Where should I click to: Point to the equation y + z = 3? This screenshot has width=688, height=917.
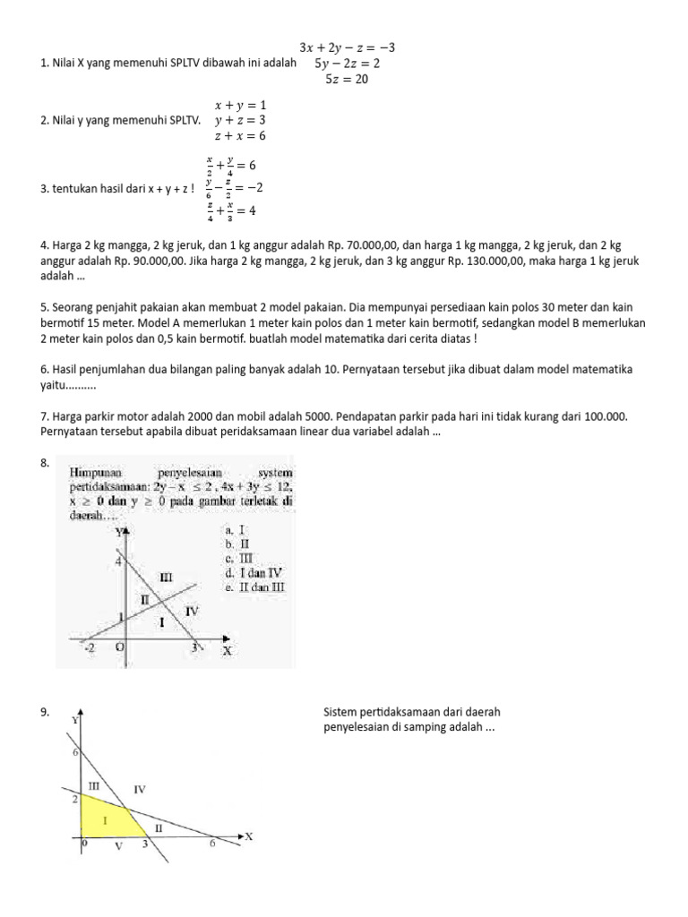(240, 120)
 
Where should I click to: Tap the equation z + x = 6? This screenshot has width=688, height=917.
(240, 136)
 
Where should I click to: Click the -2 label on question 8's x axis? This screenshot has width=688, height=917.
(89, 647)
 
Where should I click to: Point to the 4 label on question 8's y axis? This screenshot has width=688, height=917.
(116, 561)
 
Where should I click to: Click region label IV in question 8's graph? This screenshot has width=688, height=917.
(192, 610)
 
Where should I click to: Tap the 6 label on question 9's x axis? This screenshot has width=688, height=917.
(212, 844)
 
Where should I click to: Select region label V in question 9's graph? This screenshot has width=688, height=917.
(117, 845)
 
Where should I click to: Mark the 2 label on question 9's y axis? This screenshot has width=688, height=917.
(75, 797)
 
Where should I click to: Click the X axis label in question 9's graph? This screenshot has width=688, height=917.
(249, 836)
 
